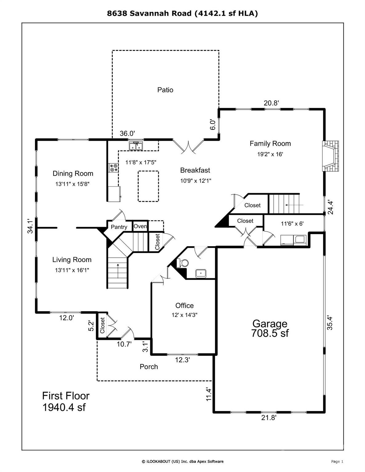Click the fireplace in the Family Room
pos(330,156)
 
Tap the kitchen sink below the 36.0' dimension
pos(135,146)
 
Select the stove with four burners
pos(113,168)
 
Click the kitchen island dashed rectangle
pos(148,186)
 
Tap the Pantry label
pos(119,227)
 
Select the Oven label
pos(140,226)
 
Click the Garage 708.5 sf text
pos(270,328)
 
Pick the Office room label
pos(184,305)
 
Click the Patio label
pos(165,90)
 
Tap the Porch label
pos(149,367)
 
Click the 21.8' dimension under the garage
pos(269,418)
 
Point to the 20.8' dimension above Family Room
pos(271,103)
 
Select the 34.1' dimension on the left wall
pos(30,226)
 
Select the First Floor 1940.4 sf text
pos(66,401)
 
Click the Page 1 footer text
pos(337,461)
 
